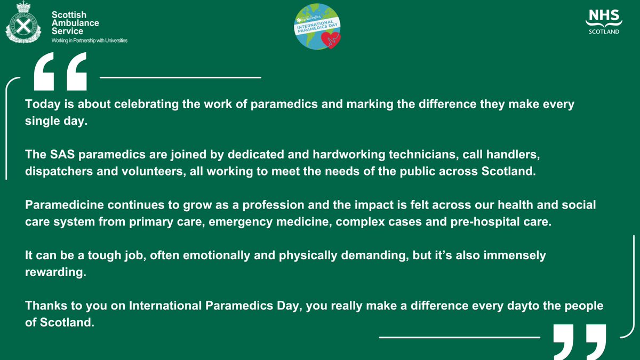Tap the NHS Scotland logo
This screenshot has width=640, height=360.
point(603,21)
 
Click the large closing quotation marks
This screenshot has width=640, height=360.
point(580,341)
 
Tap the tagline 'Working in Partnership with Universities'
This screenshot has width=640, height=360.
point(89,41)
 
